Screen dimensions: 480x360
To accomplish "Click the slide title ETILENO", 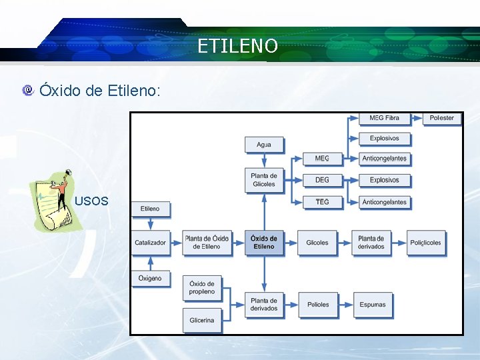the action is click(238, 46).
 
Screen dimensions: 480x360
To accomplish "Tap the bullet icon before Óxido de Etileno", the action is click(27, 89).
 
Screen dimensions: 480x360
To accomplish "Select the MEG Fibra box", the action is click(384, 118).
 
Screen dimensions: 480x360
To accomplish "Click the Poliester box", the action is click(441, 118).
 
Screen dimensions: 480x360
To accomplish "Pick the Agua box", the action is click(263, 144).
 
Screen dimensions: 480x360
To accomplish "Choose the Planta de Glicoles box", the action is click(263, 179).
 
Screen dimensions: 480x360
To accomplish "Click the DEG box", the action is click(322, 180).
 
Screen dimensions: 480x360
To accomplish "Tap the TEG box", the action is click(322, 201).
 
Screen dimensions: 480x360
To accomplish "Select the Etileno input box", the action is click(150, 209).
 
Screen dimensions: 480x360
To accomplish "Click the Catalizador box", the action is click(150, 243).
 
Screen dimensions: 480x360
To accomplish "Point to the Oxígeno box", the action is click(150, 278).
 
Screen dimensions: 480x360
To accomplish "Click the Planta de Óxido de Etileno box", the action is click(207, 243).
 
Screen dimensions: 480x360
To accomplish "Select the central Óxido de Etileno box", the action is click(264, 243).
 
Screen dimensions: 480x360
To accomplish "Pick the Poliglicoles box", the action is click(425, 243).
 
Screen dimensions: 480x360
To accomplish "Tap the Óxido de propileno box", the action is click(202, 288).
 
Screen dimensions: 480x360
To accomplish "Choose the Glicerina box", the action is click(202, 320).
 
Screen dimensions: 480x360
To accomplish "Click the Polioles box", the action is click(318, 305).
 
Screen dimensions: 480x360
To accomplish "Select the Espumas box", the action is click(372, 305).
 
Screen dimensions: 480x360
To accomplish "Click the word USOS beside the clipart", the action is click(92, 201).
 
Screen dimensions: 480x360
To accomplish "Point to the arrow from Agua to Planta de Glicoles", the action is click(264, 160).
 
